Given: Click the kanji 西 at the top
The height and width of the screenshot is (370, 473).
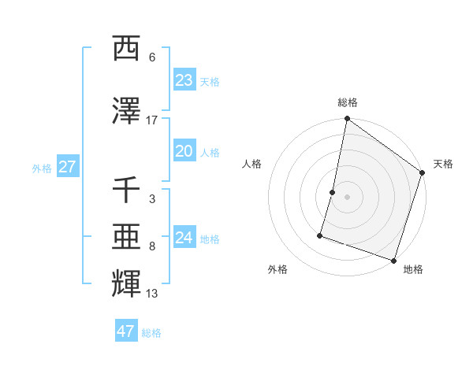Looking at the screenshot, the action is (x=128, y=49).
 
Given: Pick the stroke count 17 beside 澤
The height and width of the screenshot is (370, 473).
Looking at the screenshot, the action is (x=151, y=120).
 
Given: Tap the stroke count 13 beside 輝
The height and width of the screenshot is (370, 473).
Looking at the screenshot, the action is (x=151, y=294).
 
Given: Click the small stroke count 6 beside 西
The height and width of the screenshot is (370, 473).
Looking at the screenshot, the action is (x=151, y=57).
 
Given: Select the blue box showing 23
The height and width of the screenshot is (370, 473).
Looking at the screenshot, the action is (x=184, y=80).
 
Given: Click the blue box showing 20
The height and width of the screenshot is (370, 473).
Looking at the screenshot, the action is (x=184, y=151).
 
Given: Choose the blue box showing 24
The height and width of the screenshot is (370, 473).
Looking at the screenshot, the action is (x=184, y=238).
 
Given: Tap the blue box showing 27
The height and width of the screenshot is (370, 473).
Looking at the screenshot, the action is (x=67, y=167).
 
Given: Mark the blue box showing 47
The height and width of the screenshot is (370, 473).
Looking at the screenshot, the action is (x=125, y=331).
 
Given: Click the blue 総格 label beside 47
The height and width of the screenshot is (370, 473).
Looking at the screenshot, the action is (x=151, y=333).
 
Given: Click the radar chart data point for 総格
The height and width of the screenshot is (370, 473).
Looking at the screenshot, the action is (x=347, y=119).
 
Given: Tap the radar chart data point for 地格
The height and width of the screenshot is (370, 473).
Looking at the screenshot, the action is (x=393, y=260).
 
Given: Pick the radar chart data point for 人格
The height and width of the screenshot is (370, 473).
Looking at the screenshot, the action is (x=333, y=192).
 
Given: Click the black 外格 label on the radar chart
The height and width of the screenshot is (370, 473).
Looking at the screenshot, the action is (x=277, y=269).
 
